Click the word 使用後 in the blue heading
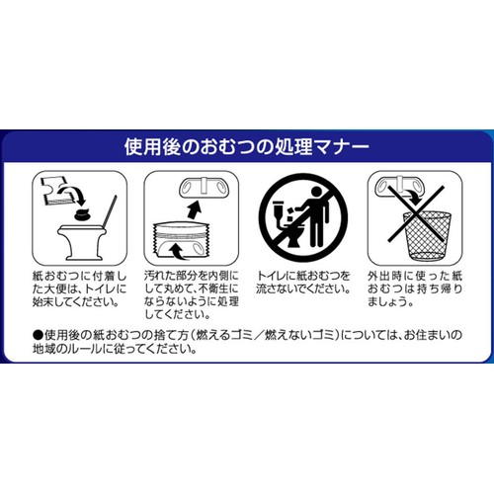(152, 147)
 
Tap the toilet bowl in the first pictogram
(81, 241)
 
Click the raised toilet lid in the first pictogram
(110, 211)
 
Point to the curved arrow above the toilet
(72, 194)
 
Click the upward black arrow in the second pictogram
(194, 209)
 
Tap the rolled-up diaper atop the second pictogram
(205, 188)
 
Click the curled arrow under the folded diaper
(178, 251)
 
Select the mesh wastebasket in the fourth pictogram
(427, 235)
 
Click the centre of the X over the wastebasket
(416, 213)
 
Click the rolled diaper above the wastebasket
(399, 187)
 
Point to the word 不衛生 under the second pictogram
(218, 288)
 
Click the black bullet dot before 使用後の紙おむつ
(38, 336)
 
